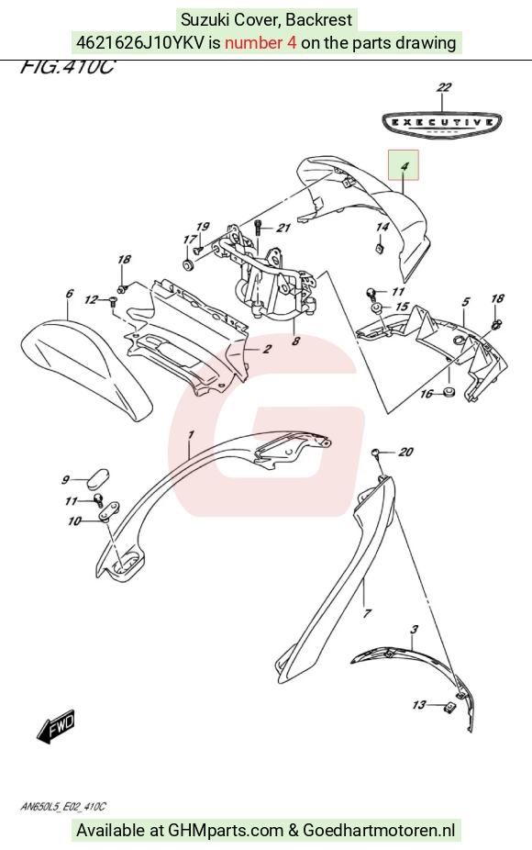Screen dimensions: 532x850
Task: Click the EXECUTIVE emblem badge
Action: pyautogui.click(x=441, y=124)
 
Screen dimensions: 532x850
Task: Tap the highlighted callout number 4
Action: pyautogui.click(x=404, y=165)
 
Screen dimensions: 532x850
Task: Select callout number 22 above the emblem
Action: pyautogui.click(x=444, y=87)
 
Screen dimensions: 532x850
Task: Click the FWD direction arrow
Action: pyautogui.click(x=56, y=726)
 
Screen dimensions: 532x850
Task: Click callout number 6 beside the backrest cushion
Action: pyautogui.click(x=70, y=294)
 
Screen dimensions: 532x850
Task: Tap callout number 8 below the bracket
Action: pyautogui.click(x=295, y=341)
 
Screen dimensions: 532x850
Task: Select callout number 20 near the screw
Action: pyautogui.click(x=405, y=452)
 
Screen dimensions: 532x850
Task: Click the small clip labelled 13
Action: pyautogui.click(x=448, y=707)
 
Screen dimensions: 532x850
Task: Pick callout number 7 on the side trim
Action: pyautogui.click(x=367, y=613)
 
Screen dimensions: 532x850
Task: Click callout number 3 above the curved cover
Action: pyautogui.click(x=414, y=630)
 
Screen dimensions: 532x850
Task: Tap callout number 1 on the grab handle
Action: pyautogui.click(x=191, y=435)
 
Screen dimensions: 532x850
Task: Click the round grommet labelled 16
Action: pyautogui.click(x=449, y=391)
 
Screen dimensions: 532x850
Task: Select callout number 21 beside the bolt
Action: pyautogui.click(x=283, y=228)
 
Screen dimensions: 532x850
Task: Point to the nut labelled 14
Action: pyautogui.click(x=380, y=248)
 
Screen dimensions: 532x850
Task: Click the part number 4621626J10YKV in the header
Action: pyautogui.click(x=140, y=42)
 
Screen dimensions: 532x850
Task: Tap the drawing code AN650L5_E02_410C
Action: pyautogui.click(x=63, y=807)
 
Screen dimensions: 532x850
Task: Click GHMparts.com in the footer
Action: pyautogui.click(x=226, y=830)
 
